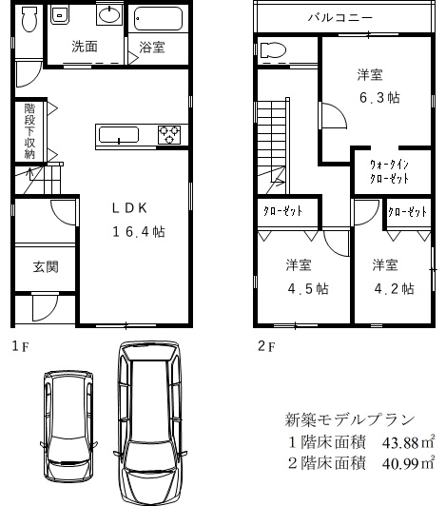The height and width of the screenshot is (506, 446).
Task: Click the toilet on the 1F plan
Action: tap(29, 19)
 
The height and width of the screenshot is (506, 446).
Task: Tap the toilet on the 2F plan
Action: tap(273, 50)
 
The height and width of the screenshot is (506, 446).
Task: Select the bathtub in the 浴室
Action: tap(158, 18)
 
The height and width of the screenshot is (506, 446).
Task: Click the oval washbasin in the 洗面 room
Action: tap(109, 14)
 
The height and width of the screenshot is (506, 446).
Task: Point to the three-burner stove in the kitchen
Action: tap(169, 134)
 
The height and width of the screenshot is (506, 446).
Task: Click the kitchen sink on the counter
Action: tap(119, 135)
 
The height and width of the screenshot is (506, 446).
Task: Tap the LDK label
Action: tap(129, 208)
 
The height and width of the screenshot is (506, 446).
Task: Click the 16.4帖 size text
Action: tap(139, 232)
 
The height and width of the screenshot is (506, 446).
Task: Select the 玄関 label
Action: tap(46, 267)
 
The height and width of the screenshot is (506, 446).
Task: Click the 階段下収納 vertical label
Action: tap(29, 131)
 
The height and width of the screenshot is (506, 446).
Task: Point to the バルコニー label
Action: tap(340, 17)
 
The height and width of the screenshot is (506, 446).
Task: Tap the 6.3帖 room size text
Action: tap(379, 97)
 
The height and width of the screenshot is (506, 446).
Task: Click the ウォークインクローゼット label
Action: tap(389, 171)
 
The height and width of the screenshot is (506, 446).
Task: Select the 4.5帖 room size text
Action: tap(308, 288)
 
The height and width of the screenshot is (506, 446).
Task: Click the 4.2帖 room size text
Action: tap(394, 288)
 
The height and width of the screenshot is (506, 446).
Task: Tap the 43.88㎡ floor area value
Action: tap(408, 443)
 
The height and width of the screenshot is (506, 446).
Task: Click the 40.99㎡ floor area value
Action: tap(408, 464)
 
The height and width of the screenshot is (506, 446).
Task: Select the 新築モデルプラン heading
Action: tap(350, 419)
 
